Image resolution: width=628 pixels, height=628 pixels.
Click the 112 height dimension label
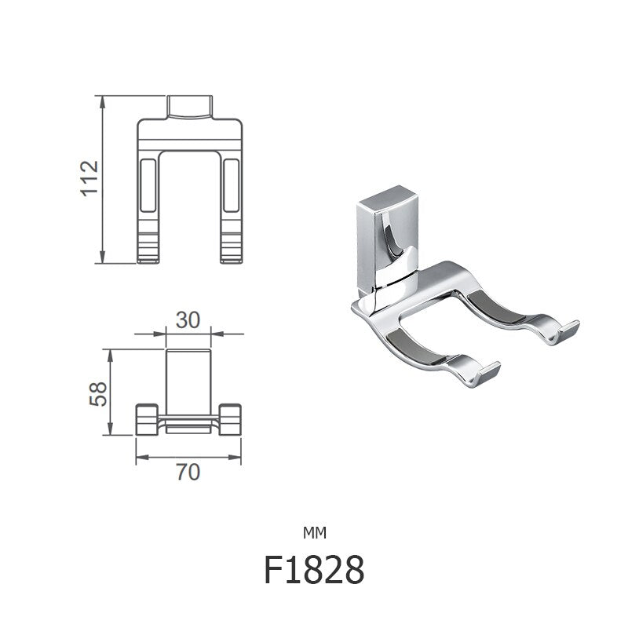pos(89,178)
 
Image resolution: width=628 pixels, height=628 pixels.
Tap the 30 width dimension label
pos(189,319)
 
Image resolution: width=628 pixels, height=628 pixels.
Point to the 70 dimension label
pos(188,472)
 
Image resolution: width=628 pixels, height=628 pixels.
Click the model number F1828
pos(314,571)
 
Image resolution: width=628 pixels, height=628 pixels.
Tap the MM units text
pos(314,533)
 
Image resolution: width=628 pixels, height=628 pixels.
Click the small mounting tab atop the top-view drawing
pos(189,105)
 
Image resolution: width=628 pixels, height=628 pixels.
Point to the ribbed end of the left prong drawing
pos(147,247)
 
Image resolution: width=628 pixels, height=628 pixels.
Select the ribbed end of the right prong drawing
pos(230,247)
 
